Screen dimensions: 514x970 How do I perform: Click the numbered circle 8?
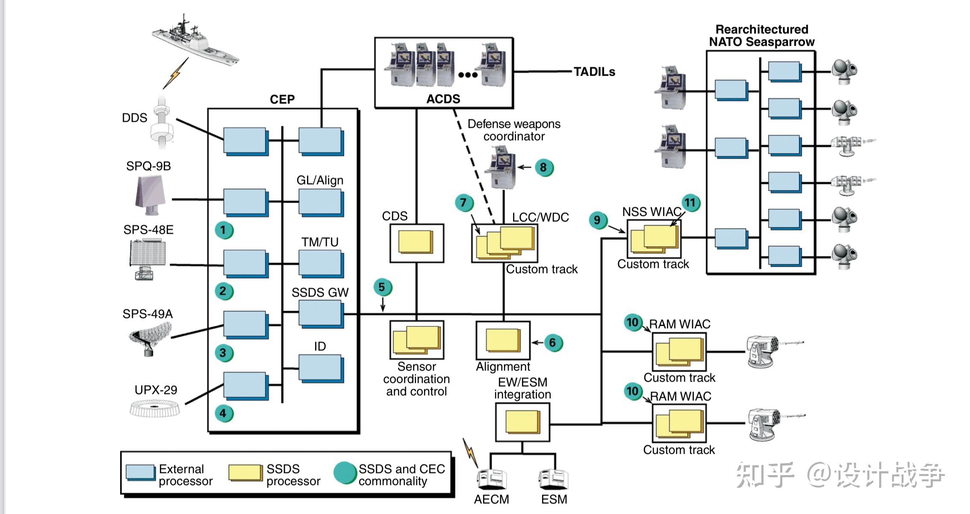544,167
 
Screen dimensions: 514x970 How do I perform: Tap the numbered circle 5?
382,288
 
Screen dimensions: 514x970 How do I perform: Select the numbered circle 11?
690,203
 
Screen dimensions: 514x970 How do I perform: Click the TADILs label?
594,72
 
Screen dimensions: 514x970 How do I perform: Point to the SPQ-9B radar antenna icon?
150,195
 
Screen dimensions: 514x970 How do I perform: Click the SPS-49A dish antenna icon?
150,338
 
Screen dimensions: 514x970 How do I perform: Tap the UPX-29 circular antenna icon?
155,408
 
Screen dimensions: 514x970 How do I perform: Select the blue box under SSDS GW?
320,313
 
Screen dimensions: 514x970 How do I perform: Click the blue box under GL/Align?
320,202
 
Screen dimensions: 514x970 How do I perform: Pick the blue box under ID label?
320,367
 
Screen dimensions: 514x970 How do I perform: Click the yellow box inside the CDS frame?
415,242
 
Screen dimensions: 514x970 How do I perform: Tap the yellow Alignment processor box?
503,341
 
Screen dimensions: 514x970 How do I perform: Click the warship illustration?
195,41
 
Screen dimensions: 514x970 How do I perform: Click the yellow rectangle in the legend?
245,473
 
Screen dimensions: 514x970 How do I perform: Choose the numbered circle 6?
553,343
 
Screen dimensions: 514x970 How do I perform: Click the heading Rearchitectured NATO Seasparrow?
762,36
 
